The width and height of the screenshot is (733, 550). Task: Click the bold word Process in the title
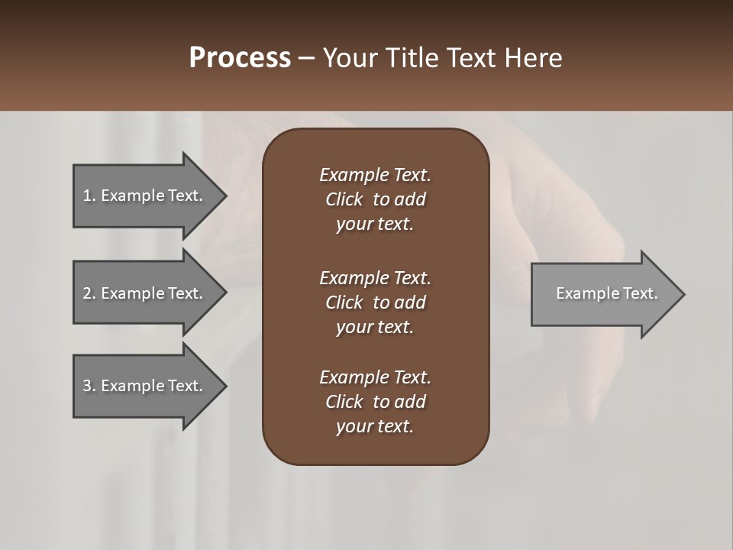240,58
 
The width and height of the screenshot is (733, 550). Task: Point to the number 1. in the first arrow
89,196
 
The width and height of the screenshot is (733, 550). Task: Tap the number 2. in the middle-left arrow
89,293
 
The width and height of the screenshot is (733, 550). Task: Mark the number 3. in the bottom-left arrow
89,386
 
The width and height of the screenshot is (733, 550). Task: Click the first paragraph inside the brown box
375,199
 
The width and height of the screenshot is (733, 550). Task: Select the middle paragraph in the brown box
375,302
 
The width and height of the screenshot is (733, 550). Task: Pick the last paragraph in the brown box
375,402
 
